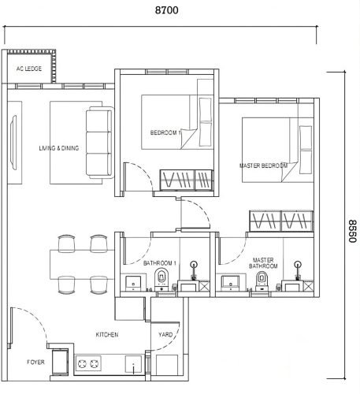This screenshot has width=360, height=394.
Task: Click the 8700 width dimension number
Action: point(166,10)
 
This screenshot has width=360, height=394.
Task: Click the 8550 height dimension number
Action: point(353,231)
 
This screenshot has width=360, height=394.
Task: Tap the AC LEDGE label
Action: point(29,69)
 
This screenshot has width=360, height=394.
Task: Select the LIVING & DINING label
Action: point(59,148)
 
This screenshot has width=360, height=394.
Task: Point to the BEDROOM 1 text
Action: point(165,132)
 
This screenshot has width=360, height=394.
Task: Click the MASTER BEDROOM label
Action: point(263,165)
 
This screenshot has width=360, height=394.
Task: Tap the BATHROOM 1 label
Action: point(160,263)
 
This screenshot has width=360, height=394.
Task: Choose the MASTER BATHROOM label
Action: point(263,263)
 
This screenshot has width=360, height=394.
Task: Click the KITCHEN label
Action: point(107,335)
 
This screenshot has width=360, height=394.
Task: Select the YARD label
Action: point(165,335)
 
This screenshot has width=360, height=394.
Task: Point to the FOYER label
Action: point(35,362)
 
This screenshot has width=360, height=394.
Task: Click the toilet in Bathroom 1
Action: point(161,279)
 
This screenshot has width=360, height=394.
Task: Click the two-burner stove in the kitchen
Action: point(88,364)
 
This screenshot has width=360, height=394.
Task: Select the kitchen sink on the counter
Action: point(133,364)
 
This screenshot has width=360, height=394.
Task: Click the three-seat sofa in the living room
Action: point(100,143)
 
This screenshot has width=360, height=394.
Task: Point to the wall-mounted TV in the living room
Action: point(13,143)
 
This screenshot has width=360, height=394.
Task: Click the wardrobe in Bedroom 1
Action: point(187,180)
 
